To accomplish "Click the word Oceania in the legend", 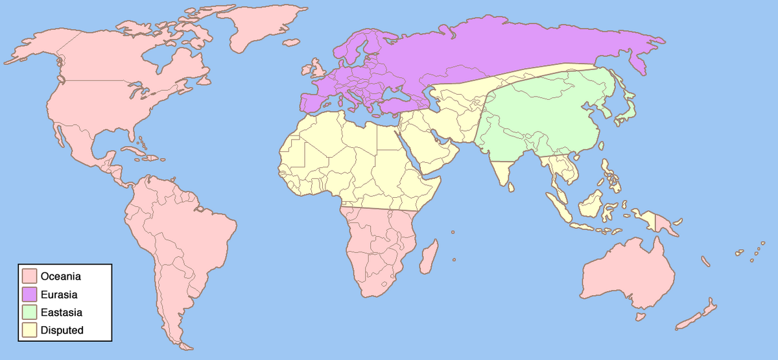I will (x=60, y=277).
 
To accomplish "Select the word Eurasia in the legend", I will (x=58, y=294).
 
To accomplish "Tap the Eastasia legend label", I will (x=61, y=312).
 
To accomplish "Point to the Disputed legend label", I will (x=62, y=330).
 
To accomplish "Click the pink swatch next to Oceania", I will (x=29, y=277).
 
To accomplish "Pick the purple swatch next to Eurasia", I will (x=29, y=294).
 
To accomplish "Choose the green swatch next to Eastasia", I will (x=29, y=312).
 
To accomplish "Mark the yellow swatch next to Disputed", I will (x=29, y=330).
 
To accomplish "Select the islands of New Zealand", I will (x=697, y=315).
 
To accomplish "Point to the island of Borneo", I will (x=592, y=204).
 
